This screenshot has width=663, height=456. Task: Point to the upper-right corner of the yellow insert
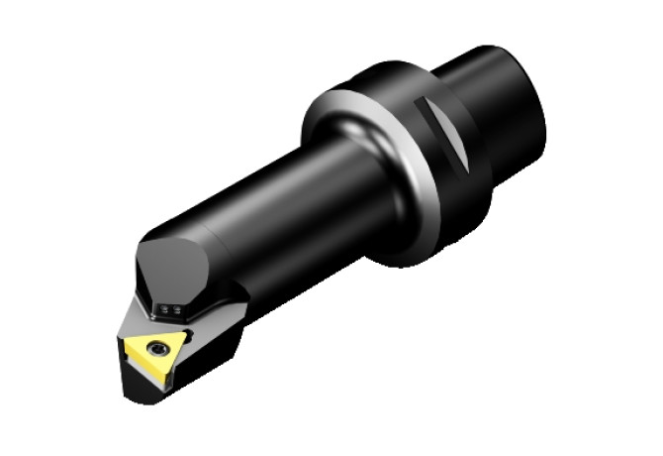(189, 330)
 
